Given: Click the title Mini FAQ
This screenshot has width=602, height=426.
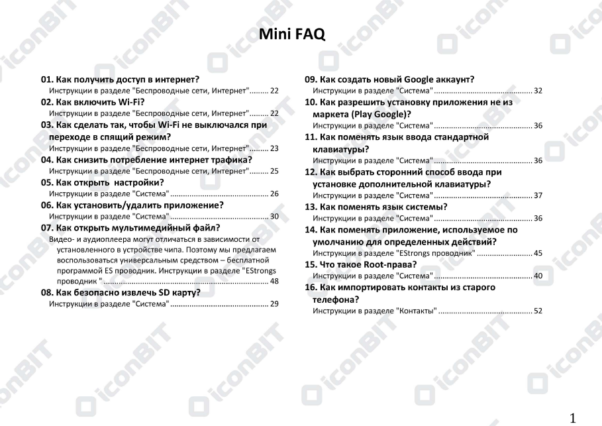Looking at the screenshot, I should pos(292,34).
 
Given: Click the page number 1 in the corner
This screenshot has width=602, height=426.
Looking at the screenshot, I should pos(574,417).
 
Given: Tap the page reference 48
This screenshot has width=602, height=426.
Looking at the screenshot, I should pos(274,281).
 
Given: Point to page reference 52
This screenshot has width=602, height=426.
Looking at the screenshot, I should pos(538,311).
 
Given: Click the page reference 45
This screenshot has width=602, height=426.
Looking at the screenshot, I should pos(538,253).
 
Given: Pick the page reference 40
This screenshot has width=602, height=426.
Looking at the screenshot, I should pos(538,275).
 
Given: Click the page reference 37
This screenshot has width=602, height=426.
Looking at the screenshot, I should pos(538,195).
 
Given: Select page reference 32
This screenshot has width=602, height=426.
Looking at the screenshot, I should pos(538,90).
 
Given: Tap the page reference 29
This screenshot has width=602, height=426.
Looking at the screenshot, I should pos(274,303).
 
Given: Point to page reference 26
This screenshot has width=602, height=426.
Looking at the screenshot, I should pos(274,194).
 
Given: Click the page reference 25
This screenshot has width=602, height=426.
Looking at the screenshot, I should pos(274,170).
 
